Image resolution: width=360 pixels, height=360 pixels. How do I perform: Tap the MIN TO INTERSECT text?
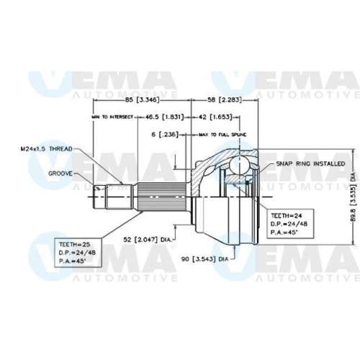click(112, 116)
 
